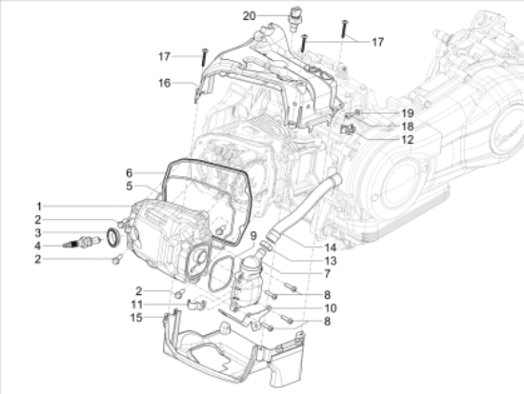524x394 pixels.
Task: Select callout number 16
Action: point(166,83)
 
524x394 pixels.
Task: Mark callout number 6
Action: point(128,173)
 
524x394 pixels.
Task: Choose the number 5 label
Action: point(128,187)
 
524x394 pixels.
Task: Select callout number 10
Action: point(331,307)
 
